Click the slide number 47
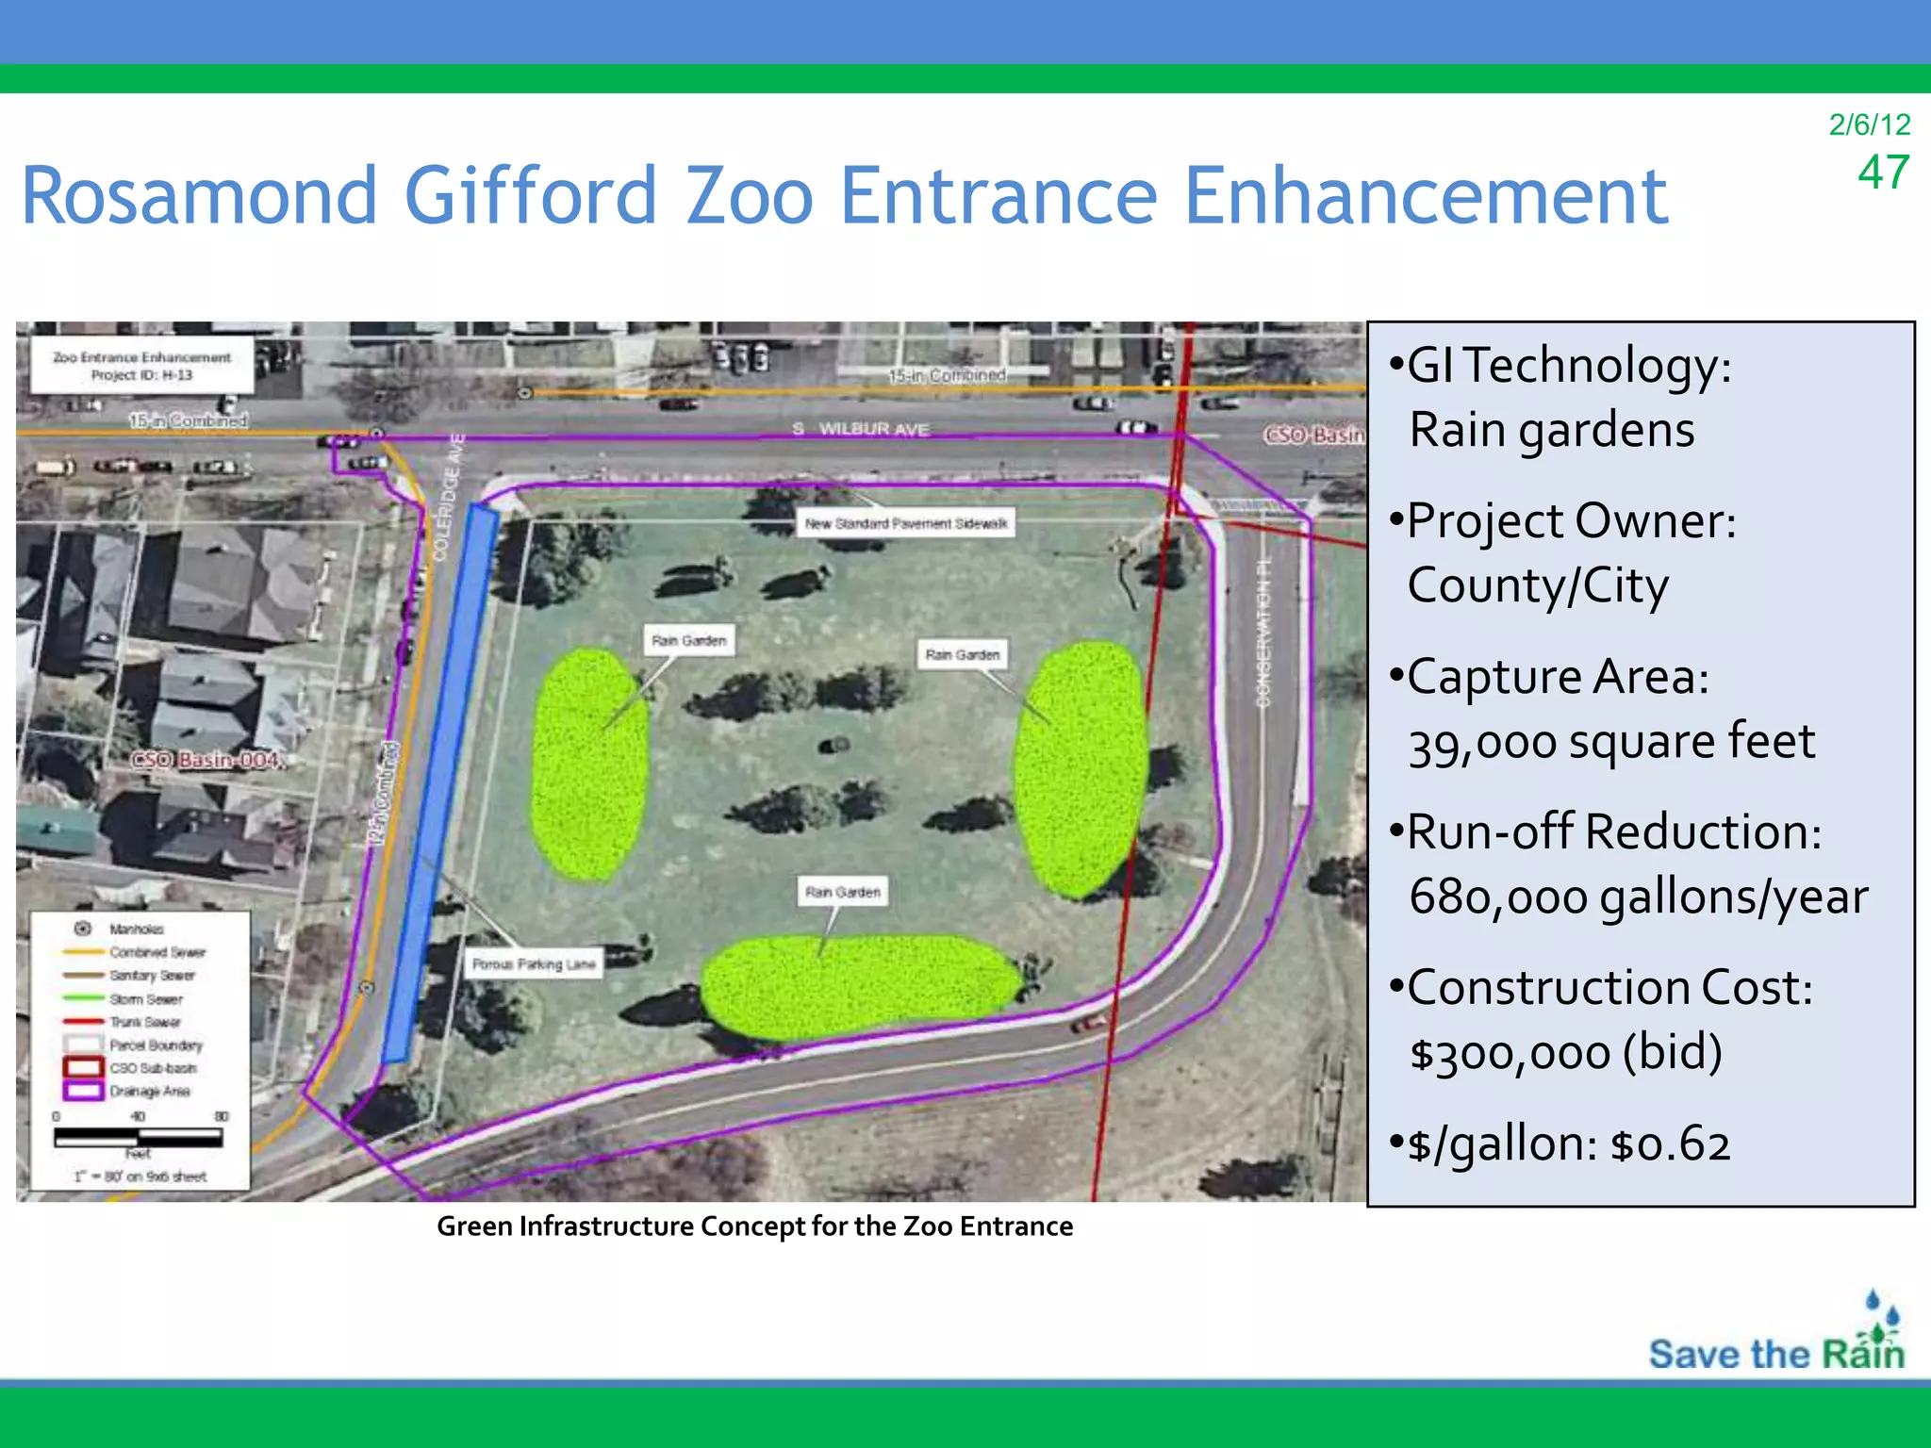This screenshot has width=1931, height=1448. tap(1883, 173)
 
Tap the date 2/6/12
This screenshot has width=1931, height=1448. tap(1869, 124)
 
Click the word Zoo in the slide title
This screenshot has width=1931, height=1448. tap(750, 196)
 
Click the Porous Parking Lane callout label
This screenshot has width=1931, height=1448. tap(534, 964)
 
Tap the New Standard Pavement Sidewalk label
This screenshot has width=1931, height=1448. tap(905, 523)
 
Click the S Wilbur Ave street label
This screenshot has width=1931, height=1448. tap(861, 429)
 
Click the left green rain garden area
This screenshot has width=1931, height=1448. tap(589, 764)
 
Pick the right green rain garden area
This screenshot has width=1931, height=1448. tap(1081, 768)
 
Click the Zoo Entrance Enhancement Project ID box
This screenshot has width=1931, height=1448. tap(141, 366)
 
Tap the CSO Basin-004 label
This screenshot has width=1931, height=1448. tap(206, 760)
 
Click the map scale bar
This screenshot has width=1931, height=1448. tap(139, 1138)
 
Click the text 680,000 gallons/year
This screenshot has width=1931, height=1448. tap(1638, 897)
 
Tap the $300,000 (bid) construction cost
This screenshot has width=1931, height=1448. tap(1565, 1052)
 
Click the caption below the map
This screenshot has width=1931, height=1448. tap(754, 1226)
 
